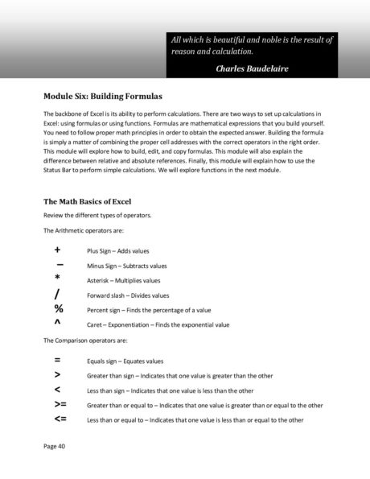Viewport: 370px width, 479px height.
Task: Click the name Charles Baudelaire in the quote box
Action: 252,68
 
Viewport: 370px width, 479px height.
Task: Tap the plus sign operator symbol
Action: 58,250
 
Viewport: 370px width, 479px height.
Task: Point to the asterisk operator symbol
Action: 58,279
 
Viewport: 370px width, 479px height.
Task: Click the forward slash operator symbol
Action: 58,294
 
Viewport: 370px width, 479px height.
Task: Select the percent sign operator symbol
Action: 59,309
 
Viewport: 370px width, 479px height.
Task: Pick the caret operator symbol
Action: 58,323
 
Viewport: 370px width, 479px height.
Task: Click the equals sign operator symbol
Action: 58,361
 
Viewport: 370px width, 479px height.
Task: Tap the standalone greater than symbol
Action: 58,375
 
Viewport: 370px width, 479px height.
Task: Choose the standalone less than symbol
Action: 58,390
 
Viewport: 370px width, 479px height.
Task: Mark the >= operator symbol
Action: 60,404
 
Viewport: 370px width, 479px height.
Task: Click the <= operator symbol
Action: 60,419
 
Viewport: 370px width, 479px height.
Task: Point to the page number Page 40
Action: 55,444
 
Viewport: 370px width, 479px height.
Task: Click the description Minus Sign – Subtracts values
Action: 127,266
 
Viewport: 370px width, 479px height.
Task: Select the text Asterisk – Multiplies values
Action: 124,280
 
